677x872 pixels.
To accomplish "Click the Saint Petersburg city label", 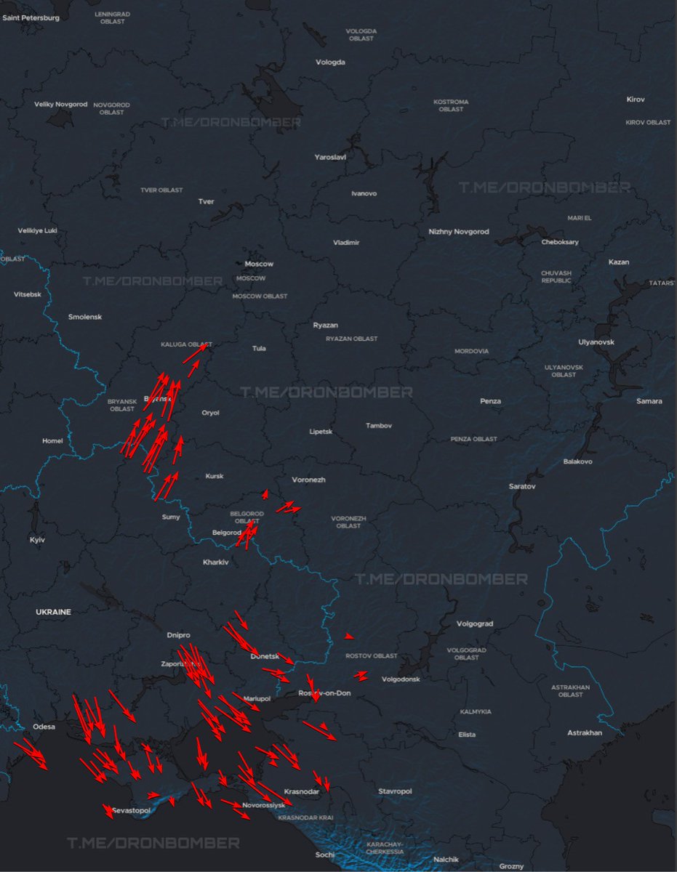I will coord(31,17).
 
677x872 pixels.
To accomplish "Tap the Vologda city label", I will coord(330,62).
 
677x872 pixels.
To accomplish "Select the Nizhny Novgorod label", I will coord(459,232).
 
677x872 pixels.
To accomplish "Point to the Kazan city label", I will coord(619,262).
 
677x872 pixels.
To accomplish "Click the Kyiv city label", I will coord(36,540).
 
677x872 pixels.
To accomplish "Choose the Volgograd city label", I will coord(475,624).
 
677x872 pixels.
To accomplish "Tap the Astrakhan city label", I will coord(585,733).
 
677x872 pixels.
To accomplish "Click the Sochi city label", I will coord(325,855).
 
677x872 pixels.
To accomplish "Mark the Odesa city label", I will coord(44,727).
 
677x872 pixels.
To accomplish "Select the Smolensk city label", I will coord(85,318).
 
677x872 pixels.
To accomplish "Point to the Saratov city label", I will coord(522,485).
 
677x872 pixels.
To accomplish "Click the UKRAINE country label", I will coord(54,613).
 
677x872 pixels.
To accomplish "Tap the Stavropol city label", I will coord(395,791).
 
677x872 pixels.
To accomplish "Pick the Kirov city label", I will coord(636,100).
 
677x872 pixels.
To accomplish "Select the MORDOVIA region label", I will coord(472,352).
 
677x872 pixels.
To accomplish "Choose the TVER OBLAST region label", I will coord(161,190).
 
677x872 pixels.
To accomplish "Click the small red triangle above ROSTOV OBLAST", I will coord(350,637).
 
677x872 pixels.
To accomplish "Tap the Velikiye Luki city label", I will coord(37,231).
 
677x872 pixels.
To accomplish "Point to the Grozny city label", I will coord(511,866).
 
